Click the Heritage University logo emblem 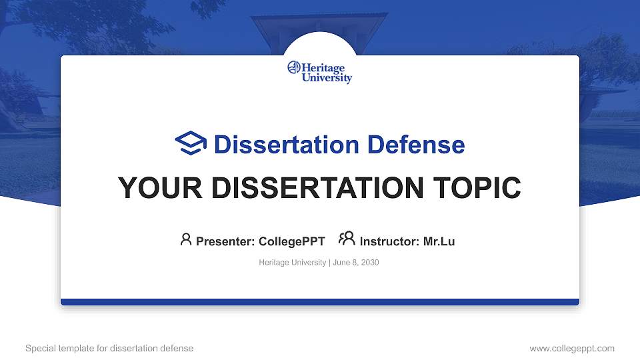(294, 68)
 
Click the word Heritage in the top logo (327, 68)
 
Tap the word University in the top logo (327, 78)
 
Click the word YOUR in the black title (156, 188)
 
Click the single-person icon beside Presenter (186, 239)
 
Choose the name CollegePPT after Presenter (291, 241)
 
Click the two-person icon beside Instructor (347, 239)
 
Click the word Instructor (389, 241)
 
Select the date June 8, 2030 (355, 263)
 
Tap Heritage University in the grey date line (291, 263)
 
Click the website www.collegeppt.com (571, 348)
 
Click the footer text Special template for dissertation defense (109, 348)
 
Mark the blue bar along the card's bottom (320, 302)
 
